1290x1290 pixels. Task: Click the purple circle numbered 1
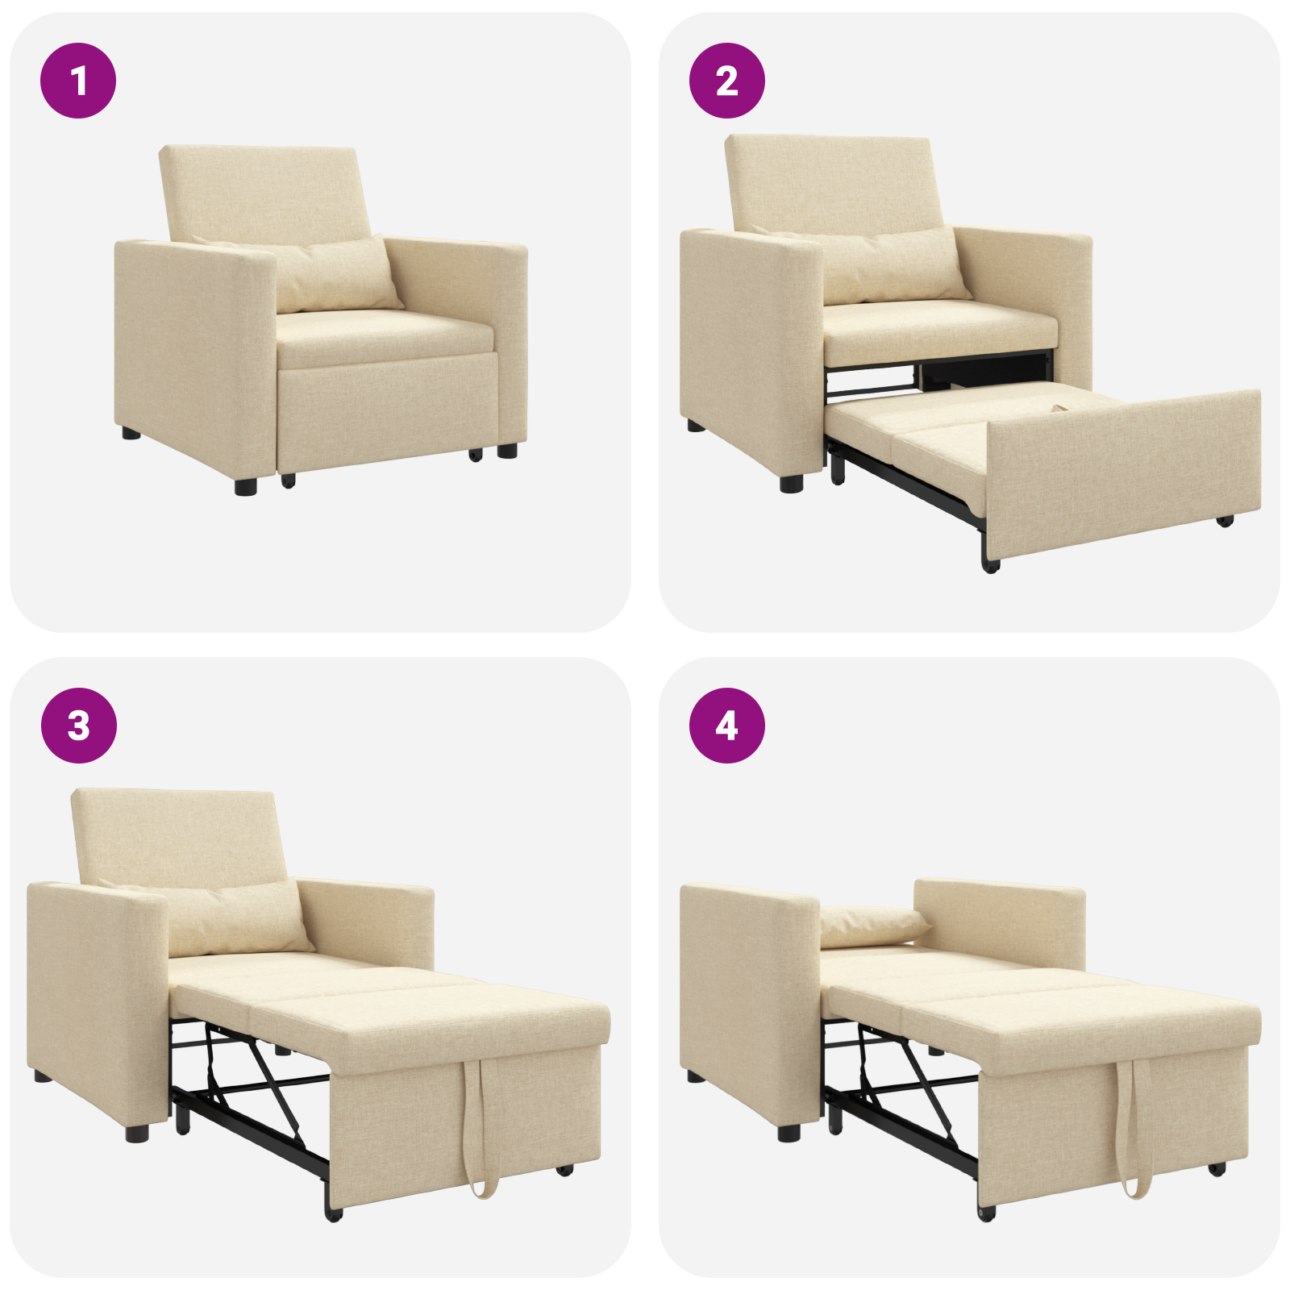pos(78,81)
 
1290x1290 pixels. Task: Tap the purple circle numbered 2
pos(726,81)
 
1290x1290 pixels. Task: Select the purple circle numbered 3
pos(78,725)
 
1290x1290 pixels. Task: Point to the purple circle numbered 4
pos(726,725)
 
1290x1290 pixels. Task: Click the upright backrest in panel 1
pos(266,193)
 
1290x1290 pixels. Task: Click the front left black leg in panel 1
pos(245,485)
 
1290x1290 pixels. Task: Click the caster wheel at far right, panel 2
pos(1225,521)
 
